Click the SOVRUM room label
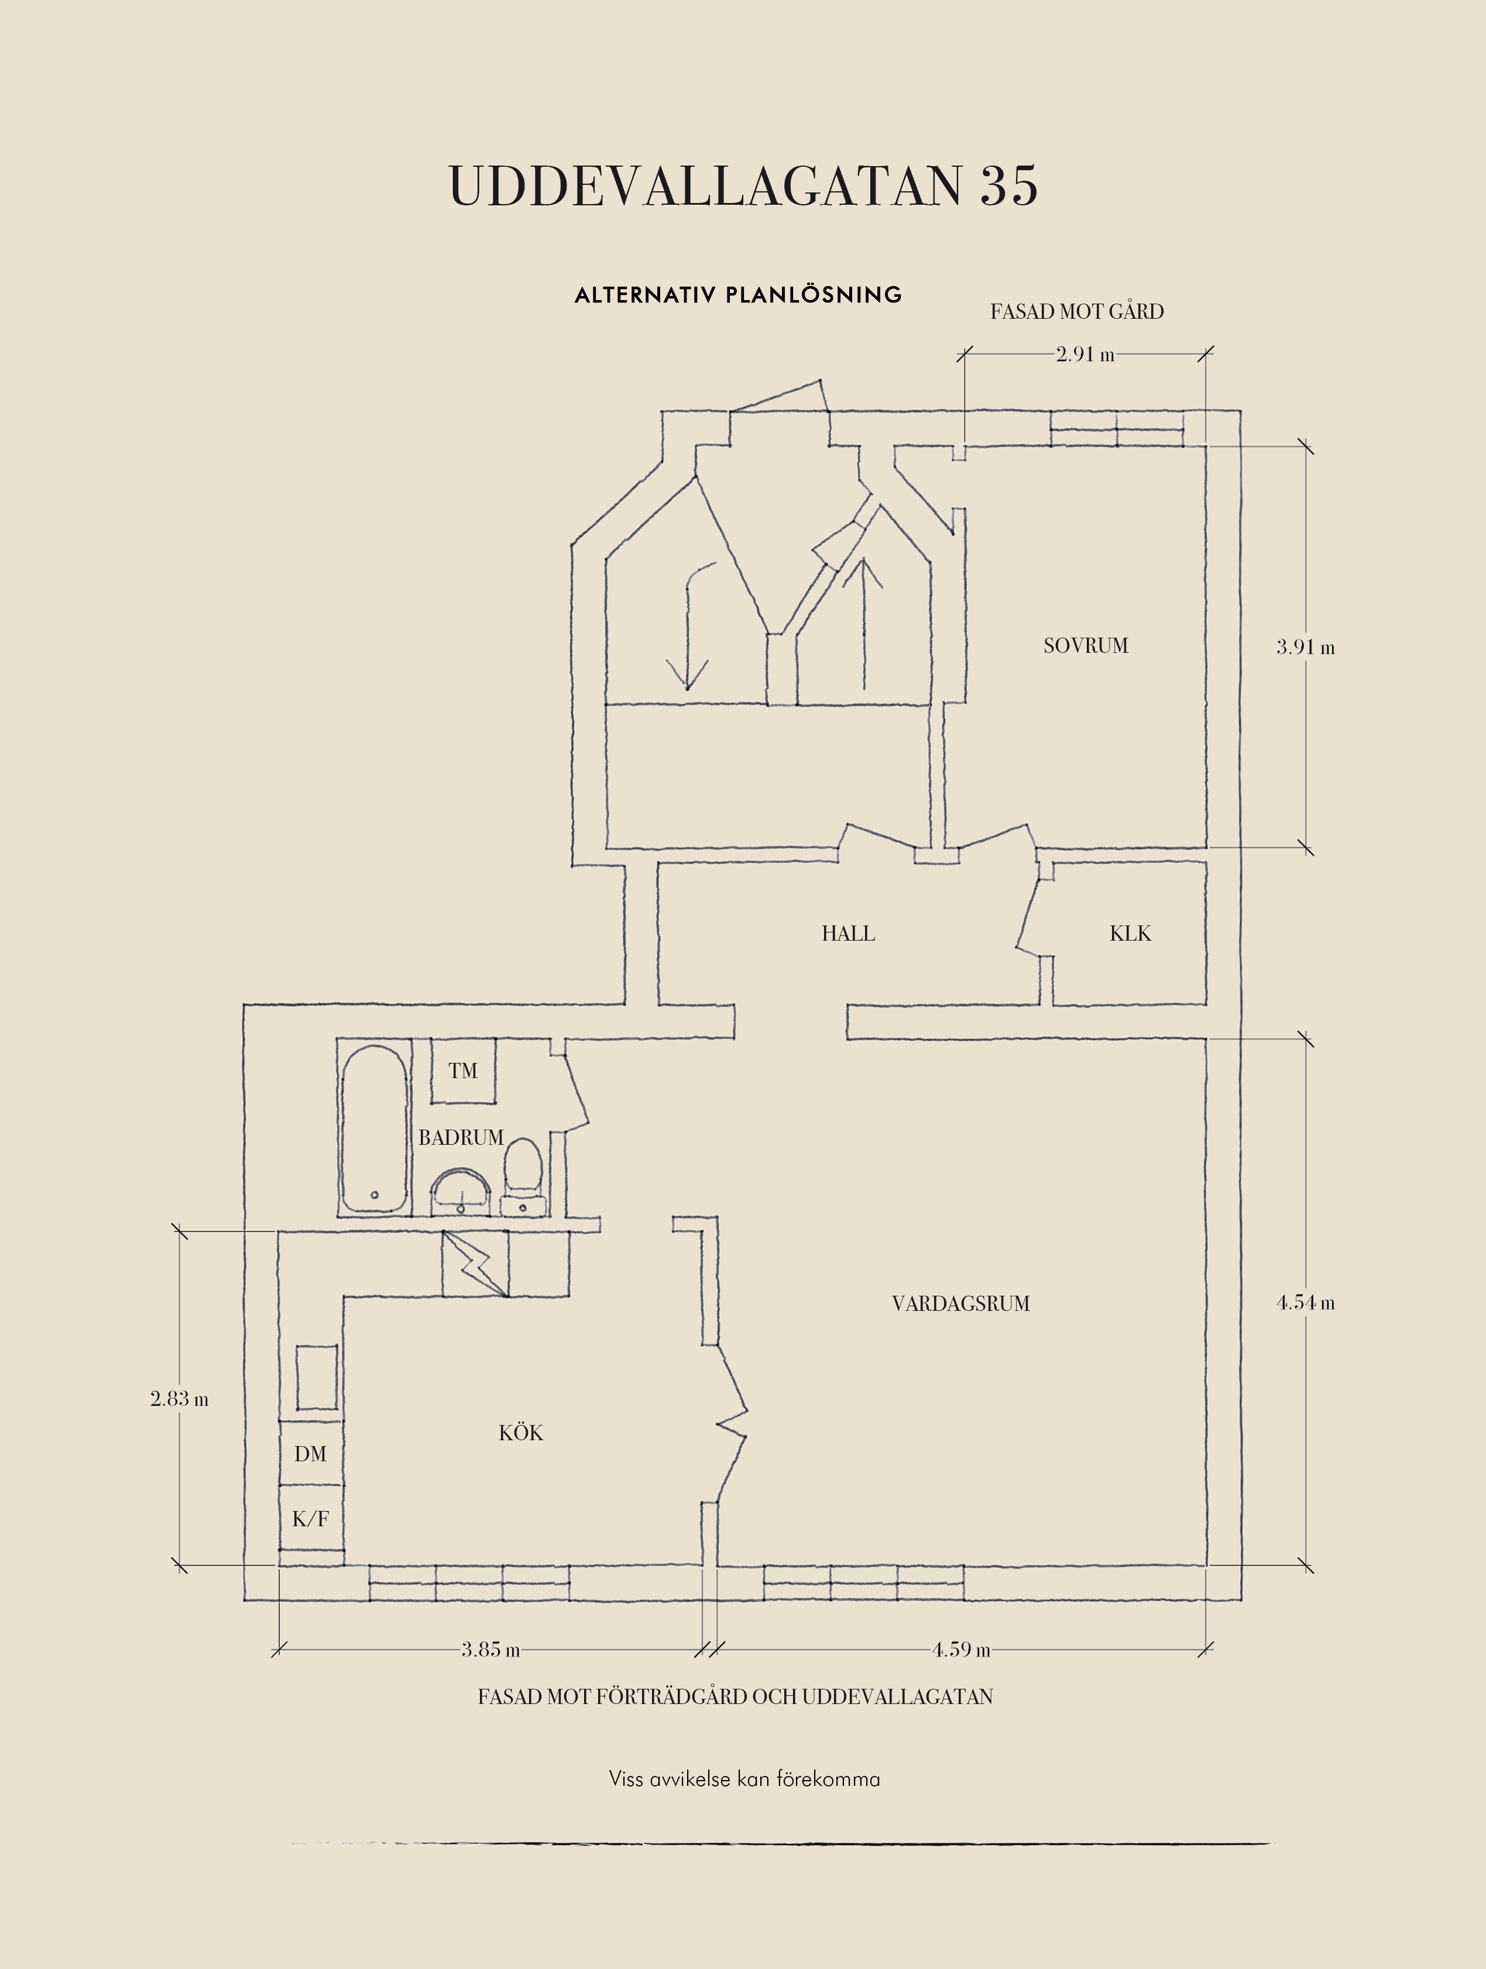(1085, 645)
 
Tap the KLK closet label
(1130, 934)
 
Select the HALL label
(847, 934)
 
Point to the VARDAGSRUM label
(960, 1304)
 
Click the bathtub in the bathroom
(375, 1128)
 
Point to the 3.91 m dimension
(1305, 647)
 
